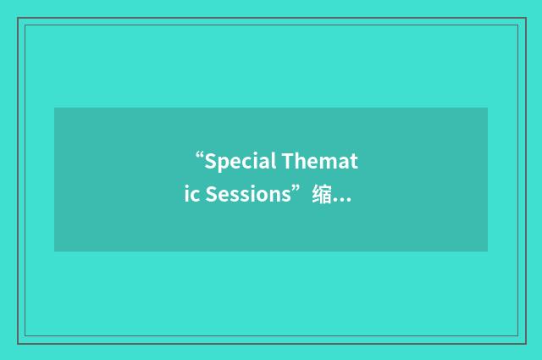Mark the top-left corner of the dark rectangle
pyautogui.click(x=55, y=108)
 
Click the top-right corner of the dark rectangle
pyautogui.click(x=487, y=108)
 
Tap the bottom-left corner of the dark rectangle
pyautogui.click(x=55, y=251)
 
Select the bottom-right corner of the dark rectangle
pyautogui.click(x=487, y=251)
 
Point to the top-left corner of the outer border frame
pyautogui.click(x=19, y=19)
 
